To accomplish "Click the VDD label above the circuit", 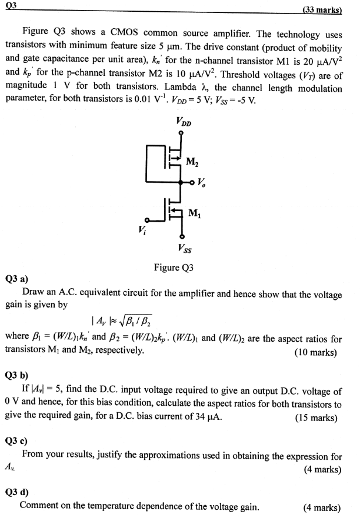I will click(x=183, y=123).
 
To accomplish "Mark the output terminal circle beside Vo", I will click(x=193, y=182).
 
